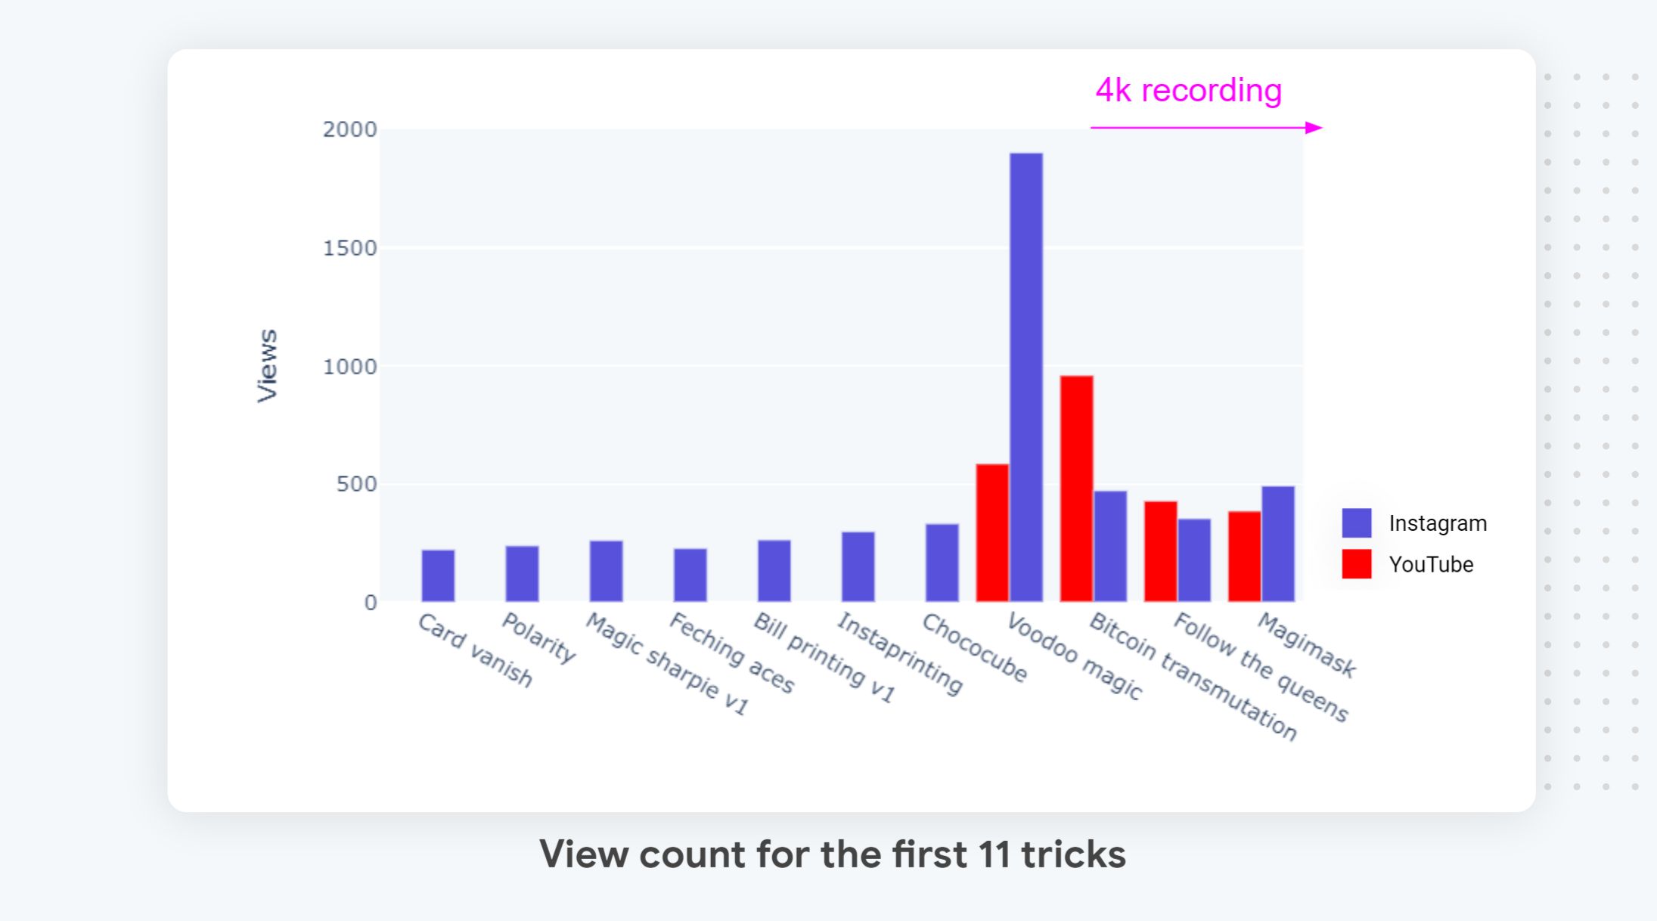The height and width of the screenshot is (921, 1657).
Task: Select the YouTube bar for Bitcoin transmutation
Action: click(1076, 488)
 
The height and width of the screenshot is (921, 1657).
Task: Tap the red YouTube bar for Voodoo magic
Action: click(992, 532)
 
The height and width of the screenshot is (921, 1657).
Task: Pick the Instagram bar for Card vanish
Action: click(438, 575)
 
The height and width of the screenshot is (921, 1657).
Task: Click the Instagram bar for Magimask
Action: click(1277, 544)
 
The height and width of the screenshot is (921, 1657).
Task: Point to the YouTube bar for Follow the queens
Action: click(1160, 551)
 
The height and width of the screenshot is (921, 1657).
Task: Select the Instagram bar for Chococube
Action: click(942, 563)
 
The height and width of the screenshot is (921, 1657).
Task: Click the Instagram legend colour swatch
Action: click(1356, 523)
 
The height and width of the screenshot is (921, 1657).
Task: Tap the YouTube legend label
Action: click(1431, 564)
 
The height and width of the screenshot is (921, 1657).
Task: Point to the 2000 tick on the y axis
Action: click(349, 129)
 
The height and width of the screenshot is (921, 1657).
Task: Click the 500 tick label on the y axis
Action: click(356, 484)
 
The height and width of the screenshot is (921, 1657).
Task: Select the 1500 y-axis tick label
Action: click(349, 248)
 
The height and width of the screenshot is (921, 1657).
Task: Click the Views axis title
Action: click(268, 365)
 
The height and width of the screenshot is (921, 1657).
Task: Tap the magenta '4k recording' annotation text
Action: click(1188, 91)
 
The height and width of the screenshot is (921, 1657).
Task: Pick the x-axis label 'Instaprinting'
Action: click(899, 653)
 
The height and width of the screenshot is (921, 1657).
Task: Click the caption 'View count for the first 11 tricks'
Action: click(832, 854)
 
